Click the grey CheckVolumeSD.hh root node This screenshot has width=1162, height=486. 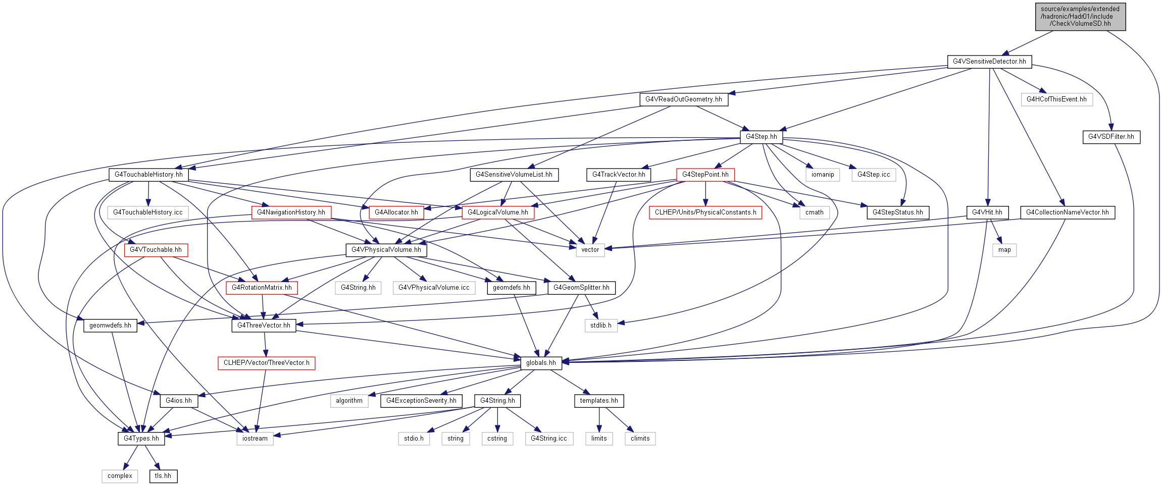click(1080, 17)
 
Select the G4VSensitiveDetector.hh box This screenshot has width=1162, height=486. click(989, 62)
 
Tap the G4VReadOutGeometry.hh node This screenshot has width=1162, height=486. click(684, 99)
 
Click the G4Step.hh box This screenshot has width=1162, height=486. click(762, 137)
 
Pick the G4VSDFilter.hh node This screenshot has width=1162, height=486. click(1111, 137)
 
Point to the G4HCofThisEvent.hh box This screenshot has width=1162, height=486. click(1056, 99)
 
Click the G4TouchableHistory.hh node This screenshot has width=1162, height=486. click(148, 175)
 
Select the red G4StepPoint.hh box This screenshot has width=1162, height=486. click(705, 175)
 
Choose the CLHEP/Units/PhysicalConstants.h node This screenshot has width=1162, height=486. click(705, 212)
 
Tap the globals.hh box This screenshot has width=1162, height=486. click(541, 363)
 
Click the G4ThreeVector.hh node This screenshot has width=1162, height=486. click(264, 326)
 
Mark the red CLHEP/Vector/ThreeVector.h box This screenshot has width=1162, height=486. click(267, 363)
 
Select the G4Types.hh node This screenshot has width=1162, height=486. click(141, 439)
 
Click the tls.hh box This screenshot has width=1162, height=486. click(163, 476)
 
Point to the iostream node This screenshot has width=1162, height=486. click(255, 439)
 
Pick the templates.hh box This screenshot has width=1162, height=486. click(599, 401)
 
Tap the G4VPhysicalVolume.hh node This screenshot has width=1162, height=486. click(386, 250)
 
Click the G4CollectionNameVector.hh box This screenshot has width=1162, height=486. click(1068, 212)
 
